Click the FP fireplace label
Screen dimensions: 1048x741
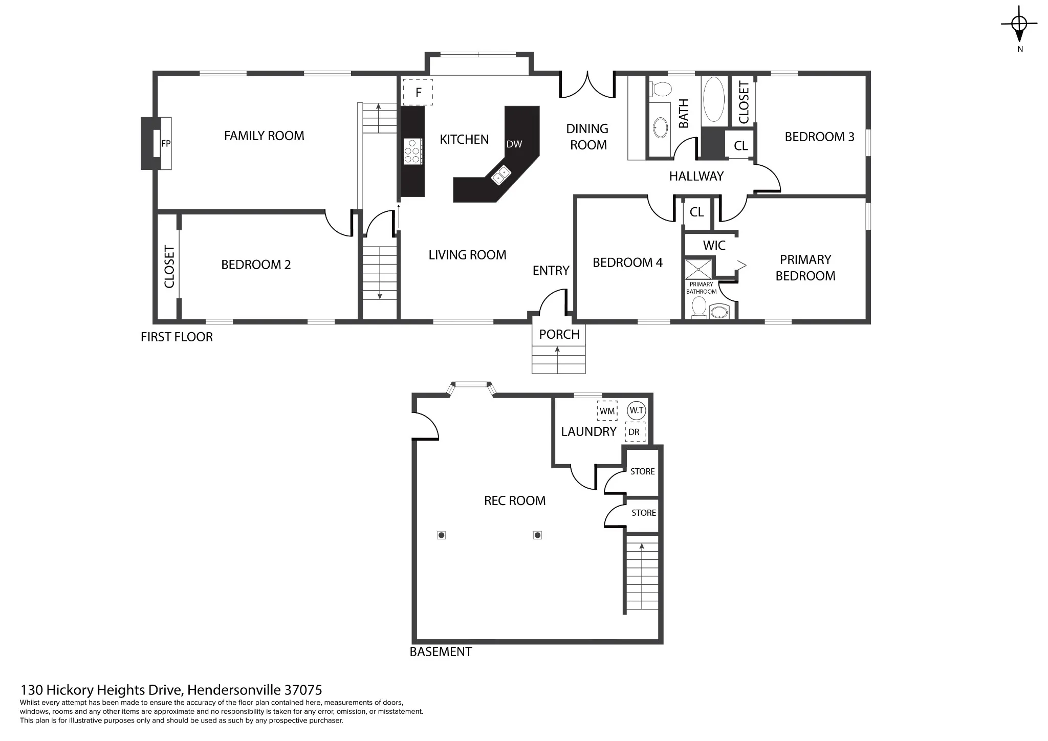click(x=166, y=144)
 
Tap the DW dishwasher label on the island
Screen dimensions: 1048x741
click(x=514, y=144)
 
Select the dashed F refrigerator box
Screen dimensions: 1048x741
click(x=418, y=92)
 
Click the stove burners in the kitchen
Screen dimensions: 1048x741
click(x=413, y=151)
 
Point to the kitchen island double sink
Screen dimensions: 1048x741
click(x=501, y=175)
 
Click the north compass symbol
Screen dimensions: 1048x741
click(x=1019, y=24)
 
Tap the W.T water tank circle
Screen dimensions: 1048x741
click(x=637, y=410)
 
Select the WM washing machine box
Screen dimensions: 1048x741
click(x=607, y=411)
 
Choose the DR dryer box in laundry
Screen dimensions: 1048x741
click(x=636, y=432)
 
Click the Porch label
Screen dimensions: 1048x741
click(x=559, y=334)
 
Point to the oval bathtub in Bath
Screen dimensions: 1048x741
click(x=713, y=99)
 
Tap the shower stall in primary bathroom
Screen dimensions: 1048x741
click(x=699, y=270)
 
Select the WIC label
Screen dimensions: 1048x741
click(x=714, y=246)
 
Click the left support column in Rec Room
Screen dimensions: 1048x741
click(x=442, y=535)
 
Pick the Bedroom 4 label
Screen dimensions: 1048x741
click(x=627, y=263)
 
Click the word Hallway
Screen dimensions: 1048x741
click(x=696, y=176)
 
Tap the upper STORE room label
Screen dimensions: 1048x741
click(x=643, y=471)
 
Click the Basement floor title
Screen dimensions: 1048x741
click(x=441, y=651)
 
